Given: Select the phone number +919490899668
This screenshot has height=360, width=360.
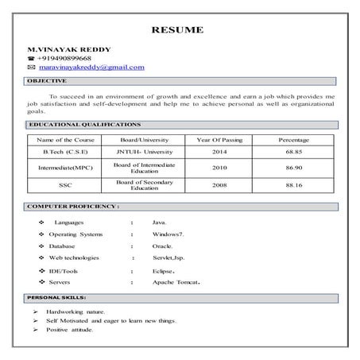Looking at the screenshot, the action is tap(64, 59).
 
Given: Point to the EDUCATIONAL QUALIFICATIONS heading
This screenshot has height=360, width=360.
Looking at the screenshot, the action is tap(84, 125).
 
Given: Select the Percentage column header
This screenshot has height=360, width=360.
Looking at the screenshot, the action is tap(293, 140).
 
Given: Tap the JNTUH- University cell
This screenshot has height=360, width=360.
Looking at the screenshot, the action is tap(144, 151).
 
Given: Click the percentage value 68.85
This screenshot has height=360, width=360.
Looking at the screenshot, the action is tap(293, 151).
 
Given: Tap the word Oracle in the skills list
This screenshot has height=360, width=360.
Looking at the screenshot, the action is tap(162, 246).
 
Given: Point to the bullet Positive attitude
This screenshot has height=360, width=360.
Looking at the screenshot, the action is tap(70, 329).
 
